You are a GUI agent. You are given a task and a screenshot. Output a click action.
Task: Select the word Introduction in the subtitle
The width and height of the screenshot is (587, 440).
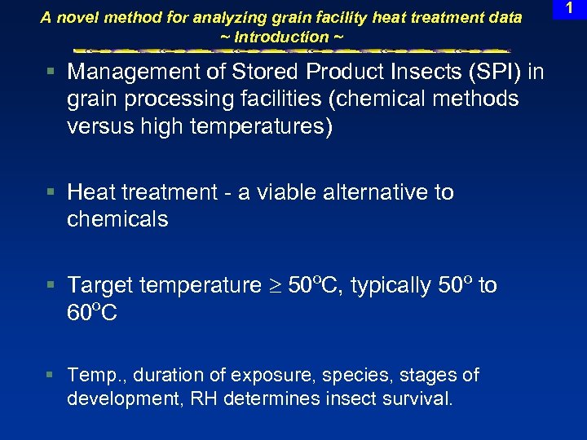point(280,37)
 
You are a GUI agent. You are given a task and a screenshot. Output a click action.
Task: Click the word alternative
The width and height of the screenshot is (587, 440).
point(375,192)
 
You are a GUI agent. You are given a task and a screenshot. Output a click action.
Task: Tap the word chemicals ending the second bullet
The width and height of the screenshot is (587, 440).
point(117,219)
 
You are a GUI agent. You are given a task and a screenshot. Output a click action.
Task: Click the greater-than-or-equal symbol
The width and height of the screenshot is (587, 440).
point(274,286)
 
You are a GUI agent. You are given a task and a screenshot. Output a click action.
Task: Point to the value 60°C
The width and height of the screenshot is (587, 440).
point(92,313)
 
